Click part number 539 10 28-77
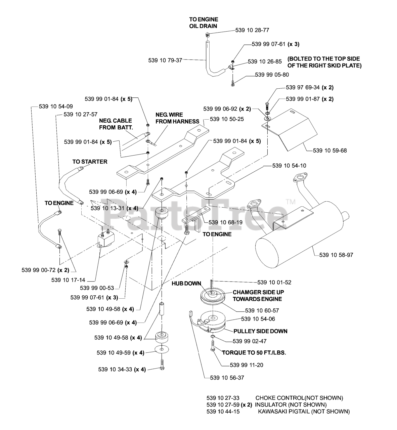click(252, 30)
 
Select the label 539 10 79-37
click(165, 60)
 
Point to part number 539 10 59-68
click(329, 150)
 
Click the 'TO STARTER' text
click(90, 162)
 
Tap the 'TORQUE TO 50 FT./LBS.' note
click(254, 353)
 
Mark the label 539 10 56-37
click(227, 378)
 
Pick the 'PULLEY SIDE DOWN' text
click(260, 331)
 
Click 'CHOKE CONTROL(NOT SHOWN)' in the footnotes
click(299, 398)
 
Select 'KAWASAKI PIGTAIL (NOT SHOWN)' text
click(304, 412)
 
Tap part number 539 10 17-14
click(68, 279)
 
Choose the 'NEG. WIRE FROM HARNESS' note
click(177, 118)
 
